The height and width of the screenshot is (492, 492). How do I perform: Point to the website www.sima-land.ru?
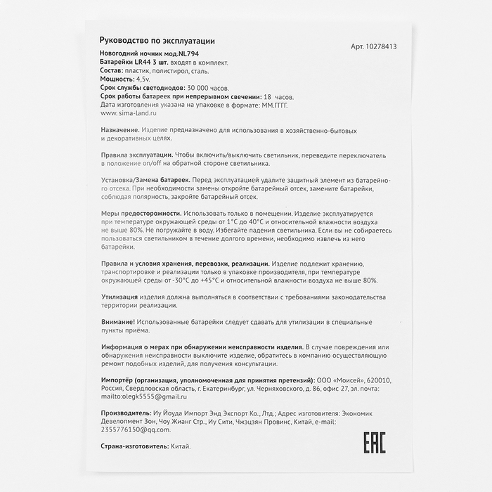[129, 112]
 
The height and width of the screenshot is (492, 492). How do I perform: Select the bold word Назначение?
[119, 131]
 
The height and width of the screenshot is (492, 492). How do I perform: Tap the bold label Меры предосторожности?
[140, 213]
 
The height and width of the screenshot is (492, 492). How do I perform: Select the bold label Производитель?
[126, 413]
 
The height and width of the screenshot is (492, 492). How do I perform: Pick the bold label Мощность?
[118, 79]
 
